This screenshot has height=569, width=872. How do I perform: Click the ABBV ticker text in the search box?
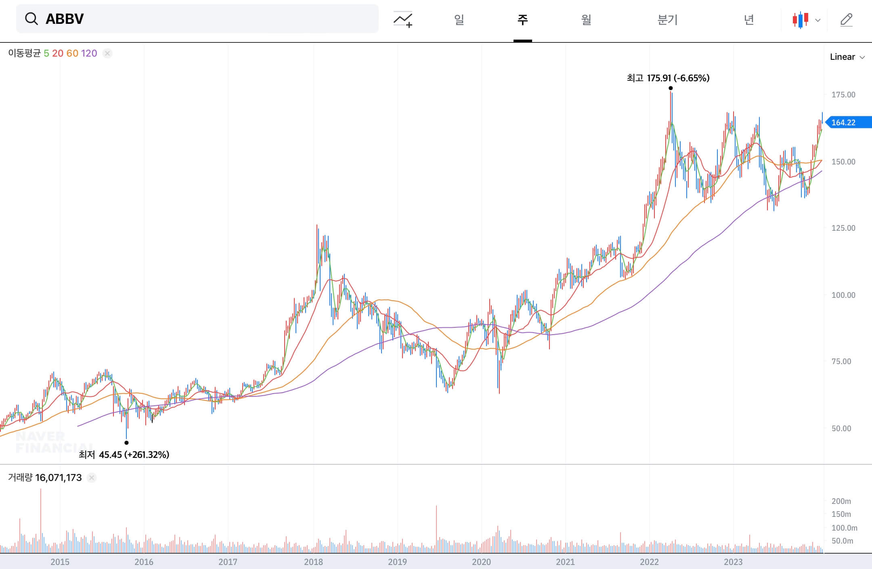[x=65, y=19]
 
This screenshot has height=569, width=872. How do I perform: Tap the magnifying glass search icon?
[x=31, y=19]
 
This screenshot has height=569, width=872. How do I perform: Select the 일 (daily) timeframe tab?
[x=459, y=19]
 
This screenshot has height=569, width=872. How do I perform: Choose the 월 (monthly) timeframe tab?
[x=586, y=19]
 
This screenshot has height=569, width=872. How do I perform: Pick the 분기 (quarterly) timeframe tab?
[x=667, y=19]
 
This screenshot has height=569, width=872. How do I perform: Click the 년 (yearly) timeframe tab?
[x=749, y=19]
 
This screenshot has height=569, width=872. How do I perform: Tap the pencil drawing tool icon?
[x=846, y=19]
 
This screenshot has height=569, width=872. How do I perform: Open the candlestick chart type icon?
[x=801, y=19]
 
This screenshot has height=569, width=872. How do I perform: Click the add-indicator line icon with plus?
[x=403, y=19]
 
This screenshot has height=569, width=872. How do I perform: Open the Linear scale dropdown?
[x=847, y=57]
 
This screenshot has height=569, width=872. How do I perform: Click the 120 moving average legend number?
[x=89, y=53]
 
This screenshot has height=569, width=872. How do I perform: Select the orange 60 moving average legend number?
[x=72, y=53]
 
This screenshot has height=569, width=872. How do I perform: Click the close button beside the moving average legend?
[x=107, y=53]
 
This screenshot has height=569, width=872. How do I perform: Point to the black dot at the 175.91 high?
[x=671, y=88]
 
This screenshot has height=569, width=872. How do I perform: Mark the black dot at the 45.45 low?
[x=126, y=443]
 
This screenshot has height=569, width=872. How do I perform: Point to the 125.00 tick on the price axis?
[x=843, y=228]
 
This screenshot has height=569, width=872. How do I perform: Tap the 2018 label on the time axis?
[x=313, y=562]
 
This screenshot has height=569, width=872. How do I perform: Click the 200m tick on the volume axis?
[x=841, y=501]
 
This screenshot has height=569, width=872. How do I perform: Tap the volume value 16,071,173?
[x=58, y=478]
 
